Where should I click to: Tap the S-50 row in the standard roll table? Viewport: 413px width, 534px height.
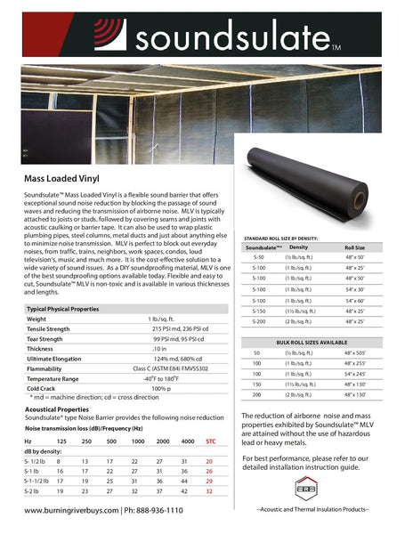(258, 255)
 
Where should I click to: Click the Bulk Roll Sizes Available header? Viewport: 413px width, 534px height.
(324, 342)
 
